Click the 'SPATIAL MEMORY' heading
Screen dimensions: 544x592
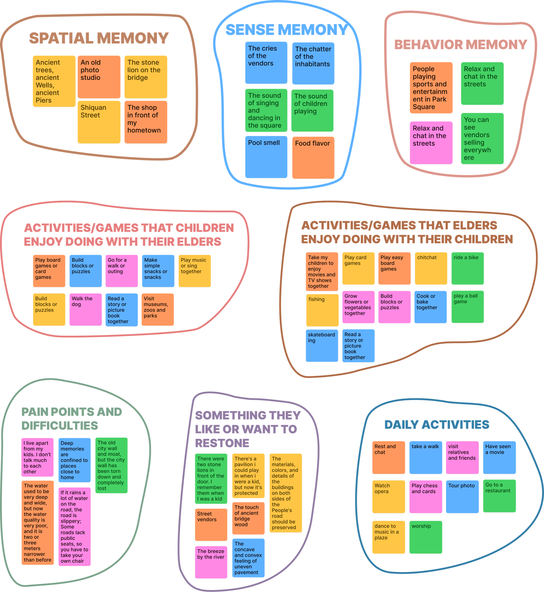[x=99, y=38]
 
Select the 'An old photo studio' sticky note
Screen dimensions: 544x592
[x=99, y=77]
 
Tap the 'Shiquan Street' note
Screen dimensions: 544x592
[x=99, y=122]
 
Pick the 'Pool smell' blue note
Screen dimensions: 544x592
[x=266, y=157]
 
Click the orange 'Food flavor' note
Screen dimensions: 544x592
[x=313, y=157]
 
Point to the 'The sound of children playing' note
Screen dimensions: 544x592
[x=312, y=111]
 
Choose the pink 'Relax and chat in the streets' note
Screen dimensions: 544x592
[x=431, y=143]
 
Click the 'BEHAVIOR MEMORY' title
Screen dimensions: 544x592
[x=460, y=45]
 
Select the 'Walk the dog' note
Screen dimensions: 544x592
[x=86, y=309]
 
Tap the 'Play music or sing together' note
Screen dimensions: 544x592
[x=195, y=271]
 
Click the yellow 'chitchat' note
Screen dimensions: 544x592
[x=431, y=268]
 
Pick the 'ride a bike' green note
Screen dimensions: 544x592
[x=468, y=268]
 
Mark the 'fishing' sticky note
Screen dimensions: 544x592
[x=322, y=310]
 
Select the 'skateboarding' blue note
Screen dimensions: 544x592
[x=322, y=346]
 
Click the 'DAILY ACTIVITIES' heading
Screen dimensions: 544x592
[x=437, y=425]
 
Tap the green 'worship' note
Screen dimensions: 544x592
[x=426, y=537]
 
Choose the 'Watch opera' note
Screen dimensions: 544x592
[x=389, y=497]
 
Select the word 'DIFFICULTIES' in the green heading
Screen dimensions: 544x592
[x=60, y=426]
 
